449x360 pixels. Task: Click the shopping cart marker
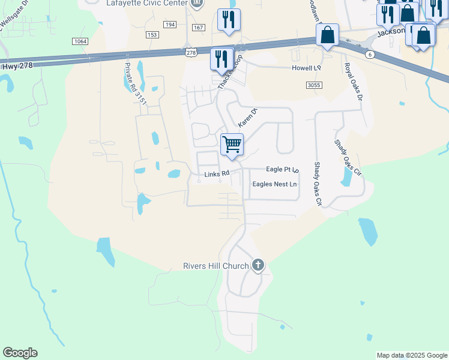click(232, 145)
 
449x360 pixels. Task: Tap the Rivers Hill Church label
click(215, 266)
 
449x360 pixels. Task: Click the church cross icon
click(258, 265)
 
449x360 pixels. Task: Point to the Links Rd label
click(217, 174)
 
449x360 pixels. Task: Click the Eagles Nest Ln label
click(274, 184)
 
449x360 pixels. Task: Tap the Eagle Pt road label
click(282, 170)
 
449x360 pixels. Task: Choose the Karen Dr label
click(247, 117)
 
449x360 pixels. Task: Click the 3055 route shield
click(314, 86)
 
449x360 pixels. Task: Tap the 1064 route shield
click(79, 41)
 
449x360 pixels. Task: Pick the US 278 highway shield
click(191, 53)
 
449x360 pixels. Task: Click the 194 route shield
click(170, 25)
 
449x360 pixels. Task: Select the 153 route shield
click(152, 35)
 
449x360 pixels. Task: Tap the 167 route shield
click(199, 28)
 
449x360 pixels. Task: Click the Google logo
click(20, 353)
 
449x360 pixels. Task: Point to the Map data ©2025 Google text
click(412, 355)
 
